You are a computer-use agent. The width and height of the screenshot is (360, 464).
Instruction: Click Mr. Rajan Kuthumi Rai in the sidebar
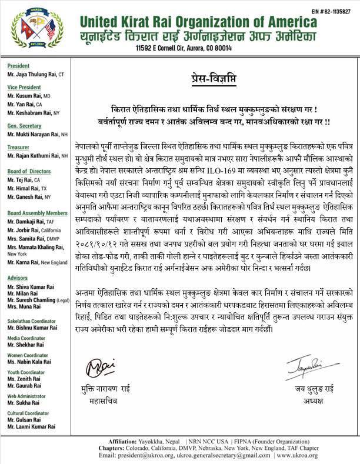click(34, 155)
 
